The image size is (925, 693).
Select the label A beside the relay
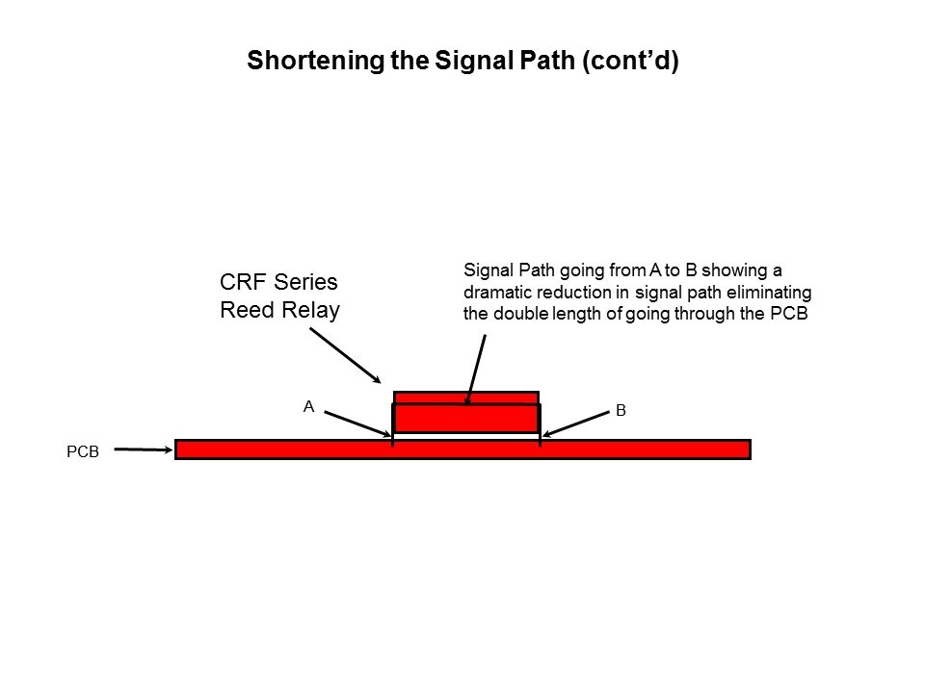(308, 407)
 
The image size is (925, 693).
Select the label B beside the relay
(621, 411)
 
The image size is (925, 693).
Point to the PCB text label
(83, 449)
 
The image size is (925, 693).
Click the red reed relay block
(466, 418)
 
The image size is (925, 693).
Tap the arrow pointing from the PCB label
(144, 449)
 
